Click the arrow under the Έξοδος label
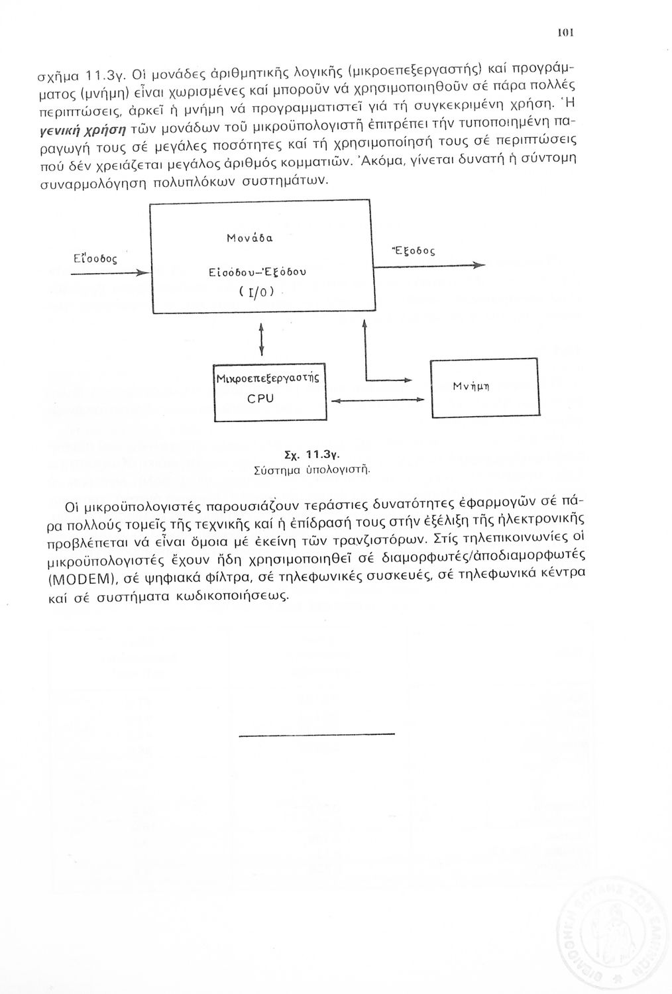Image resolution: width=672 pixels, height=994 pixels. click(431, 266)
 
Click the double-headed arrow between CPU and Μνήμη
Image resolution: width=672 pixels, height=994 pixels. click(376, 400)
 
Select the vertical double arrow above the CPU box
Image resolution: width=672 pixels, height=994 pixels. click(262, 339)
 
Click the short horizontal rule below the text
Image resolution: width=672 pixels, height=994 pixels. click(315, 734)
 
